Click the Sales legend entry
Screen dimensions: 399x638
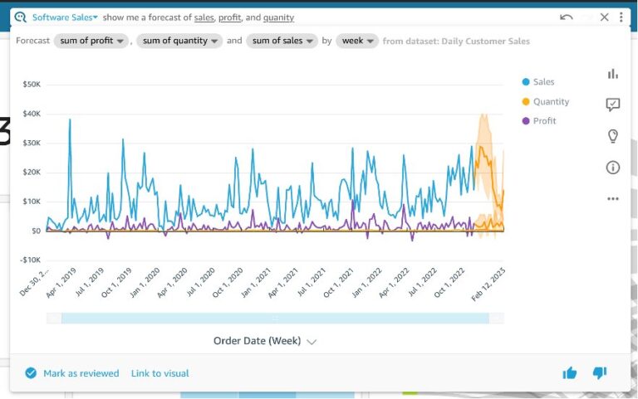click(x=543, y=82)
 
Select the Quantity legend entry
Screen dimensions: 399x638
click(x=551, y=101)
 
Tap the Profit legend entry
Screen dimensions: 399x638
click(x=544, y=121)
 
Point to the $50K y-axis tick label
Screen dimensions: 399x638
click(x=32, y=85)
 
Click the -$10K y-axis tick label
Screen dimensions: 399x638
click(x=31, y=260)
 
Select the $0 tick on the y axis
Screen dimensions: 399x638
click(x=36, y=231)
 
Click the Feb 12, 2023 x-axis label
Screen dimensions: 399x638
click(x=488, y=285)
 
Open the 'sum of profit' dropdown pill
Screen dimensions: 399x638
click(x=91, y=41)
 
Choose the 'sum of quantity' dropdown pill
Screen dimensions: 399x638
click(x=179, y=41)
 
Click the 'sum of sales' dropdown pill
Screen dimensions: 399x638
click(x=282, y=41)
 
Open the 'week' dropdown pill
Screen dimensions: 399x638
click(x=357, y=41)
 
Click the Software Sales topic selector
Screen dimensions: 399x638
click(x=65, y=17)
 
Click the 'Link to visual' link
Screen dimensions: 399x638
click(x=159, y=373)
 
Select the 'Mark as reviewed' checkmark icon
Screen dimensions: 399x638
click(x=31, y=373)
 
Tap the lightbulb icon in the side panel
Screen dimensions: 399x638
click(x=613, y=136)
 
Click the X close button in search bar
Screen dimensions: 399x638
click(x=604, y=17)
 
